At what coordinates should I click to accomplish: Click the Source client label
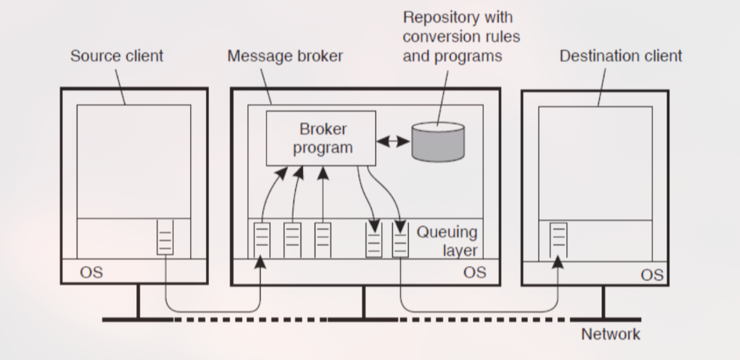pyautogui.click(x=117, y=56)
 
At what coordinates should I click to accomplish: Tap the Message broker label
pyautogui.click(x=284, y=56)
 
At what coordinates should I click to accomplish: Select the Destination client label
pyautogui.click(x=621, y=56)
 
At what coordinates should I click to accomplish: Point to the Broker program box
pyautogui.click(x=322, y=138)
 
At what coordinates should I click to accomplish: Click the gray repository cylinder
pyautogui.click(x=438, y=142)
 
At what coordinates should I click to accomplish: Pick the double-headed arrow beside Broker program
pyautogui.click(x=394, y=142)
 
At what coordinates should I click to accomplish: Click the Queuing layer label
pyautogui.click(x=446, y=241)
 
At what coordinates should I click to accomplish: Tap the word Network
pyautogui.click(x=610, y=334)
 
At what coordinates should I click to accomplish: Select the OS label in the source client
pyautogui.click(x=92, y=272)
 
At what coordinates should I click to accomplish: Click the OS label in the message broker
pyautogui.click(x=475, y=272)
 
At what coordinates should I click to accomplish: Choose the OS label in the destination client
pyautogui.click(x=652, y=275)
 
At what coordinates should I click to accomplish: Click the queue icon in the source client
pyautogui.click(x=164, y=238)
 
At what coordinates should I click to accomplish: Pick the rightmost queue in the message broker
pyautogui.click(x=400, y=239)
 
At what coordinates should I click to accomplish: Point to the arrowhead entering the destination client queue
pyautogui.click(x=558, y=261)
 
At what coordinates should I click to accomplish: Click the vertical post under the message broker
pyautogui.click(x=363, y=302)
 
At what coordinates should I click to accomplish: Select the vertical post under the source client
pyautogui.click(x=139, y=302)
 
